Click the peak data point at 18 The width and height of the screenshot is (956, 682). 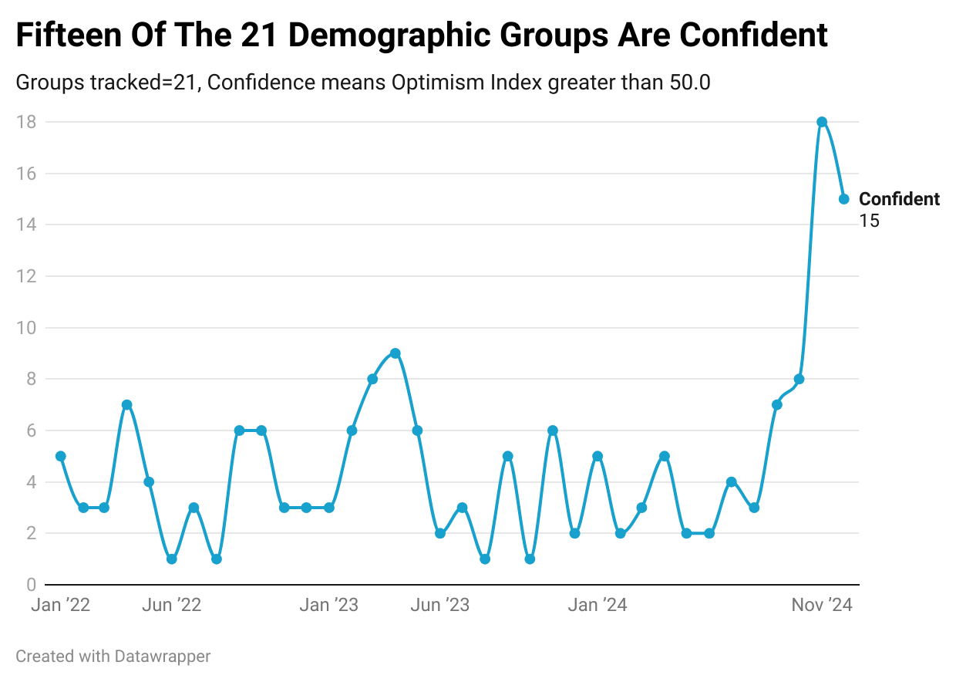(x=822, y=122)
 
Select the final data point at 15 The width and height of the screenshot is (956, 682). (x=844, y=199)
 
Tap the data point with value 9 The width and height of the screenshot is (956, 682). (x=396, y=353)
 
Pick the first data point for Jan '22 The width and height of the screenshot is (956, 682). (x=61, y=456)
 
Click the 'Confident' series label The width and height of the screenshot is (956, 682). (x=899, y=199)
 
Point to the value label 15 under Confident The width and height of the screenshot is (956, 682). (x=869, y=221)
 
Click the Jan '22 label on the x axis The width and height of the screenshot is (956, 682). (x=61, y=605)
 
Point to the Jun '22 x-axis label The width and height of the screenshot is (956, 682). (x=172, y=605)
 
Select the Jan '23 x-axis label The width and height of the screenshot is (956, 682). (x=329, y=605)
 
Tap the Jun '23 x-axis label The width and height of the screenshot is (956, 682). (x=440, y=605)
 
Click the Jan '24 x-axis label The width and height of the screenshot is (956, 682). (x=597, y=605)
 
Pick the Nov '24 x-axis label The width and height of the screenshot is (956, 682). (x=822, y=605)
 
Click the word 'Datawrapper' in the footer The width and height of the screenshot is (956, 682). (x=163, y=657)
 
